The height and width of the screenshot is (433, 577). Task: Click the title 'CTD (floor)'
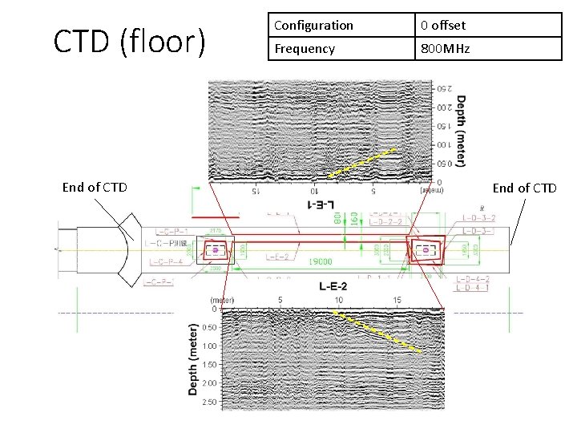[x=129, y=41]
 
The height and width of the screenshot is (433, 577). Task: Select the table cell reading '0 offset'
[x=443, y=25]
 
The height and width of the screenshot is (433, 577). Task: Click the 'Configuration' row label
[x=313, y=25]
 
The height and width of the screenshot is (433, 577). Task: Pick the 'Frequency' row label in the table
[x=305, y=48]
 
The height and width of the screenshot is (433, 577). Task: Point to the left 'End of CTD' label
[x=95, y=188]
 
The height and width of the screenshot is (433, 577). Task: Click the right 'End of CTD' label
[x=525, y=188]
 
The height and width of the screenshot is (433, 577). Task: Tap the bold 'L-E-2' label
[x=333, y=285]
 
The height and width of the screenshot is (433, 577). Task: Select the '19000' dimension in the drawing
[x=321, y=262]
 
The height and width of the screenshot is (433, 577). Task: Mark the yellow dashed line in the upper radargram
[x=362, y=163]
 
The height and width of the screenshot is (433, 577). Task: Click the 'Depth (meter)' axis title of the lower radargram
[x=192, y=358]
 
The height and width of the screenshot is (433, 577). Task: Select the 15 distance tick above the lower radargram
[x=397, y=300]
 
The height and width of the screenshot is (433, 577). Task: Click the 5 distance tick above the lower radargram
[x=280, y=300]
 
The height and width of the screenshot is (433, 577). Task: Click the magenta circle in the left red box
[x=215, y=251]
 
